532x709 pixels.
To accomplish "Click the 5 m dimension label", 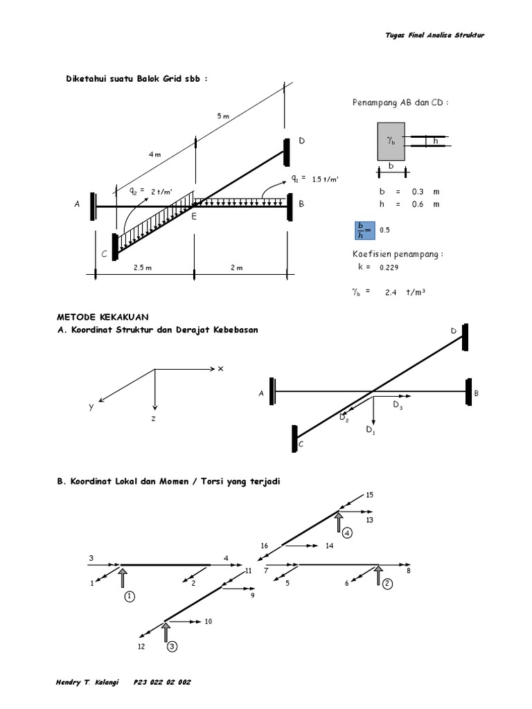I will [x=222, y=116].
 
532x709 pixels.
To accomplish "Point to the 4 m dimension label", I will [x=154, y=154].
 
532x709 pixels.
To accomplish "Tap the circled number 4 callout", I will [x=346, y=532].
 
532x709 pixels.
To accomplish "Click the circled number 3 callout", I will [x=172, y=647].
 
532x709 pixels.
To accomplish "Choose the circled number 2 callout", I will [x=387, y=584].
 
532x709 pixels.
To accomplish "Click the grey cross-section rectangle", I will [x=391, y=141].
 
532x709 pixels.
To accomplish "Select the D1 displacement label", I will [x=370, y=430].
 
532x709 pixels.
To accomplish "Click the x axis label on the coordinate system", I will [x=221, y=369].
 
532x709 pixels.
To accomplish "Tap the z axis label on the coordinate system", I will [x=155, y=419].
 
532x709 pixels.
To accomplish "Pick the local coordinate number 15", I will [x=369, y=495].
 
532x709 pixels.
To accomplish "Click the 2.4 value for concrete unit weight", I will [x=392, y=292].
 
